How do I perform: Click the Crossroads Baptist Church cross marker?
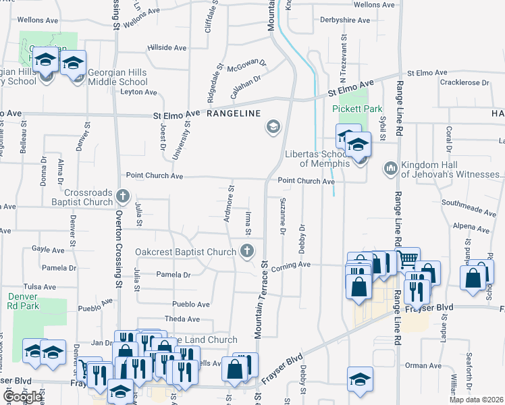(x=122, y=197)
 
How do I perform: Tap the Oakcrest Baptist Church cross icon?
(x=247, y=252)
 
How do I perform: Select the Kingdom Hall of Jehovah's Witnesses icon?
(x=390, y=167)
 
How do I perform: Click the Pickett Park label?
(x=357, y=109)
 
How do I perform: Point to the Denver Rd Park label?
(x=23, y=301)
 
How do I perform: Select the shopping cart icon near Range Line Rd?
(x=407, y=259)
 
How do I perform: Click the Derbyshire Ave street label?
(x=344, y=20)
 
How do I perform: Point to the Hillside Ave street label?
(x=167, y=49)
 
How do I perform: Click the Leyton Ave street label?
(x=138, y=92)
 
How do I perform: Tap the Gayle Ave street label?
(x=48, y=250)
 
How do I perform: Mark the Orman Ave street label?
(x=424, y=366)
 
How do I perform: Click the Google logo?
(x=22, y=397)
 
